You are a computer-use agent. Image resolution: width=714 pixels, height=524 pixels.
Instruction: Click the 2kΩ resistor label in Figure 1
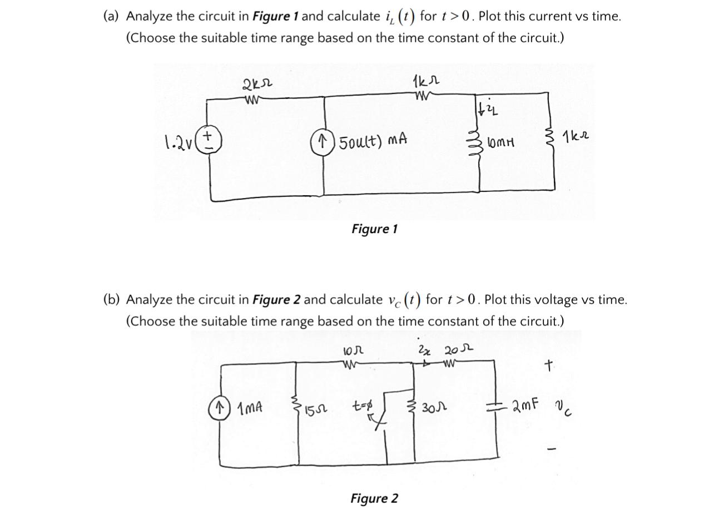click(x=257, y=86)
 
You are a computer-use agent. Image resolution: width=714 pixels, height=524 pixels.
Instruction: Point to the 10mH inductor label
click(x=500, y=143)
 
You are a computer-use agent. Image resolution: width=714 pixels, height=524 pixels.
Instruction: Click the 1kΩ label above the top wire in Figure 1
click(x=426, y=82)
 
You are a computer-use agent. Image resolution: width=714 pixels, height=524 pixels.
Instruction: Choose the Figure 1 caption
click(x=374, y=229)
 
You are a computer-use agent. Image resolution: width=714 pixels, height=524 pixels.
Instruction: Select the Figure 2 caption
click(x=374, y=498)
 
